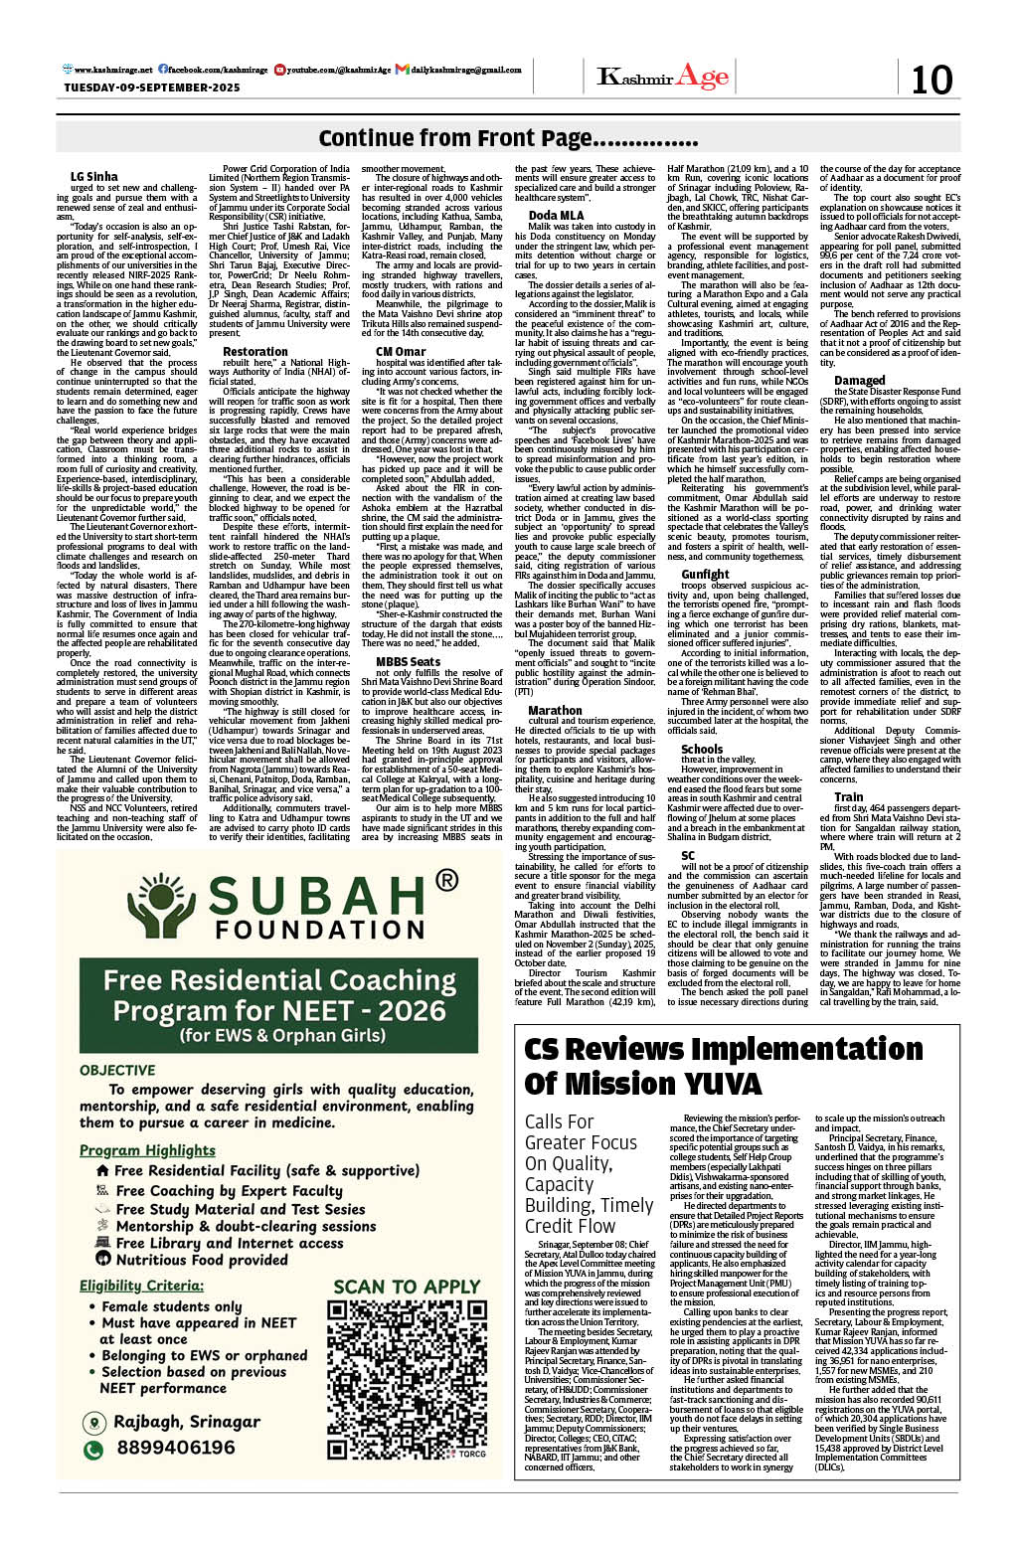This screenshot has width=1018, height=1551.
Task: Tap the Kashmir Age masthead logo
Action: pyautogui.click(x=662, y=77)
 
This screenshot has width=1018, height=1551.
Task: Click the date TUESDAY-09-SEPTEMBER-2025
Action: pyautogui.click(x=152, y=87)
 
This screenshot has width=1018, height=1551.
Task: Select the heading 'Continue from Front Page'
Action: pyautogui.click(x=508, y=138)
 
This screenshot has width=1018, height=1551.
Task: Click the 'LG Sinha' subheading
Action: pyautogui.click(x=93, y=177)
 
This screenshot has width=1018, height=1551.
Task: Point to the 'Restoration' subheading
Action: pyautogui.click(x=255, y=351)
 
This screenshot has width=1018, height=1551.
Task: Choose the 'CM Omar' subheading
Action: pyautogui.click(x=401, y=351)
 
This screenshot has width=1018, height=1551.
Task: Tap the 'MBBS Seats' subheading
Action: pyautogui.click(x=408, y=661)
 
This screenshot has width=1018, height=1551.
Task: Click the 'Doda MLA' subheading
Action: pyautogui.click(x=556, y=215)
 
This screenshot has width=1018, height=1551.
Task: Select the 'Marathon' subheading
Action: pyautogui.click(x=555, y=711)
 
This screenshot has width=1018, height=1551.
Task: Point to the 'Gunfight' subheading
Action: pyautogui.click(x=705, y=574)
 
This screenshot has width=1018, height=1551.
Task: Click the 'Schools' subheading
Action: pyautogui.click(x=702, y=749)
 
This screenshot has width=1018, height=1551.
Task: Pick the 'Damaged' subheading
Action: pyautogui.click(x=859, y=380)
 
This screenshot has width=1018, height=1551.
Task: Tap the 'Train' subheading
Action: pyautogui.click(x=848, y=796)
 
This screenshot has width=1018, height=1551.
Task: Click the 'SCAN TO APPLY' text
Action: pyautogui.click(x=407, y=1287)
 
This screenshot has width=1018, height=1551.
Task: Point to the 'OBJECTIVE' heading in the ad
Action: pyautogui.click(x=117, y=1070)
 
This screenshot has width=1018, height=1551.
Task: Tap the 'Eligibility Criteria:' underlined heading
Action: pyautogui.click(x=141, y=1286)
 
